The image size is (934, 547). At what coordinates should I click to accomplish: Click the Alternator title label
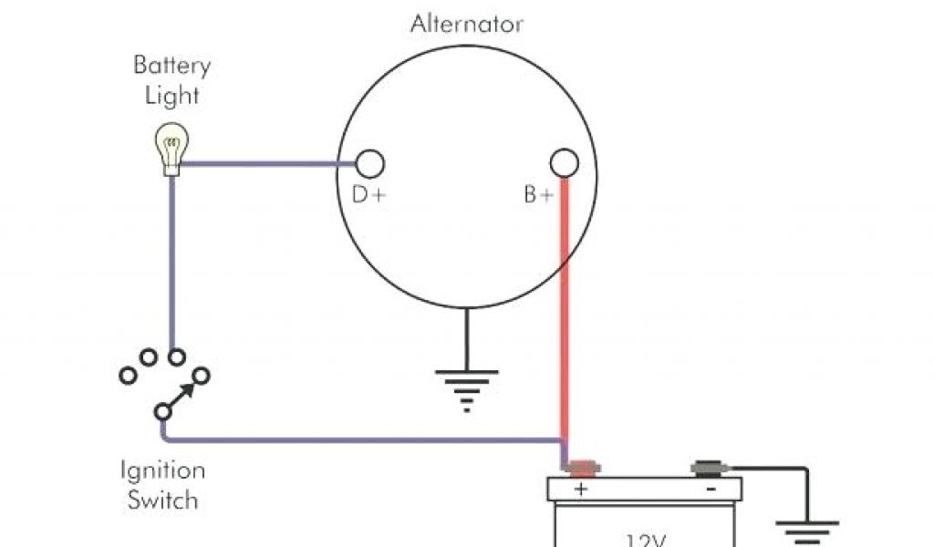(x=467, y=24)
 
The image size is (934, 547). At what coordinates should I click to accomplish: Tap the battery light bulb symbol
(x=170, y=150)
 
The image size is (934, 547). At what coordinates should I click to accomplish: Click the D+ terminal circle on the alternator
(x=369, y=164)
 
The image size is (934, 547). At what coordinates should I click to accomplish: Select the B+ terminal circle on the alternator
(x=565, y=164)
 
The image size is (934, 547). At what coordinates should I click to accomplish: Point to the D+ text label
(x=368, y=194)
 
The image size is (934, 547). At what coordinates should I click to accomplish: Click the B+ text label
(x=538, y=194)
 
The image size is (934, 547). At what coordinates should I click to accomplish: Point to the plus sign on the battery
(x=580, y=490)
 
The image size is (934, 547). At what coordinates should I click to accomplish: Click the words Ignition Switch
(x=163, y=485)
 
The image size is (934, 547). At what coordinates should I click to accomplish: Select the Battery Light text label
(x=171, y=80)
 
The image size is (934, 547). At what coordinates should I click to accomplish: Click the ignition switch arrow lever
(x=180, y=394)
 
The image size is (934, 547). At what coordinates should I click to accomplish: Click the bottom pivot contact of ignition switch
(x=162, y=411)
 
